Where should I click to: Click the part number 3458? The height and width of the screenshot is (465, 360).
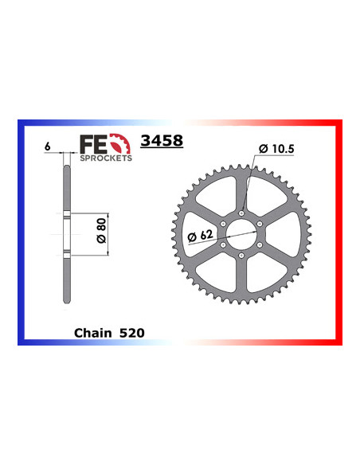[162, 141]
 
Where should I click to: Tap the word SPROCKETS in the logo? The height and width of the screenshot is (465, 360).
[105, 157]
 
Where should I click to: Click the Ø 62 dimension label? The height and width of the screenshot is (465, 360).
[201, 236]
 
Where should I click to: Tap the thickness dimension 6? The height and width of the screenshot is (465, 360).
[48, 147]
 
